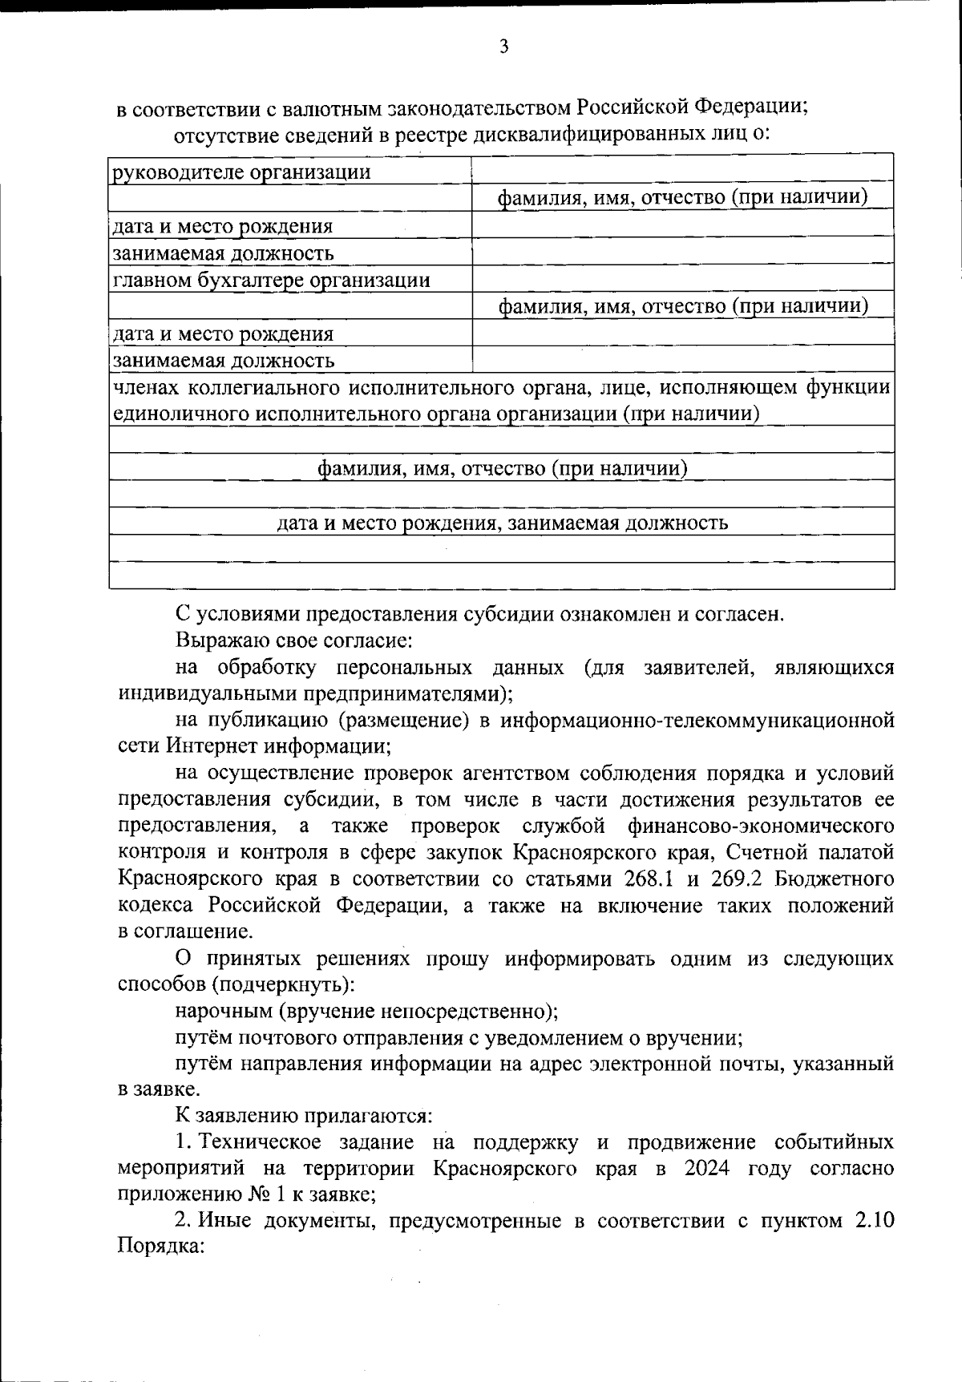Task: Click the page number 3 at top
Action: pos(503,47)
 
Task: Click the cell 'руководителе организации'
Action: pos(241,172)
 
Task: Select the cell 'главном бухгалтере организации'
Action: pos(271,281)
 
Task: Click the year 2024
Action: pos(707,1168)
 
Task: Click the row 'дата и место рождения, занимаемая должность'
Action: pos(502,523)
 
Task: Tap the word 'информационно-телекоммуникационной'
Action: pos(697,720)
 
